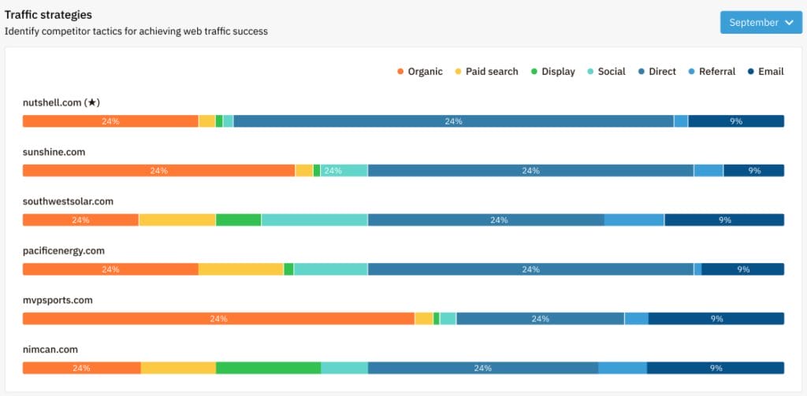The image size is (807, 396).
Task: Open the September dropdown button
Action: (761, 23)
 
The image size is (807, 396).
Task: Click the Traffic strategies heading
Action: (48, 15)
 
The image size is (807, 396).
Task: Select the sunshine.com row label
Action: (54, 152)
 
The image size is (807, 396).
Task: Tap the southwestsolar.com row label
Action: (68, 202)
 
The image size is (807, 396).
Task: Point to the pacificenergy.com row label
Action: (63, 251)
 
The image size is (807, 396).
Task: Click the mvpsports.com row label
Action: (58, 300)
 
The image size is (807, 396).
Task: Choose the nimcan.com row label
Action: (50, 350)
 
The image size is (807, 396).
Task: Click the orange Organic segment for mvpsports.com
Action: (218, 319)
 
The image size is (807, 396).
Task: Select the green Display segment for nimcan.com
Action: (268, 368)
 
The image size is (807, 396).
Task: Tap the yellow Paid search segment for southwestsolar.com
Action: (177, 220)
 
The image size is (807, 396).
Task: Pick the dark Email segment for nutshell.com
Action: (735, 121)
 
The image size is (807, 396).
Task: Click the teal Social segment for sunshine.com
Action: (344, 171)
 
